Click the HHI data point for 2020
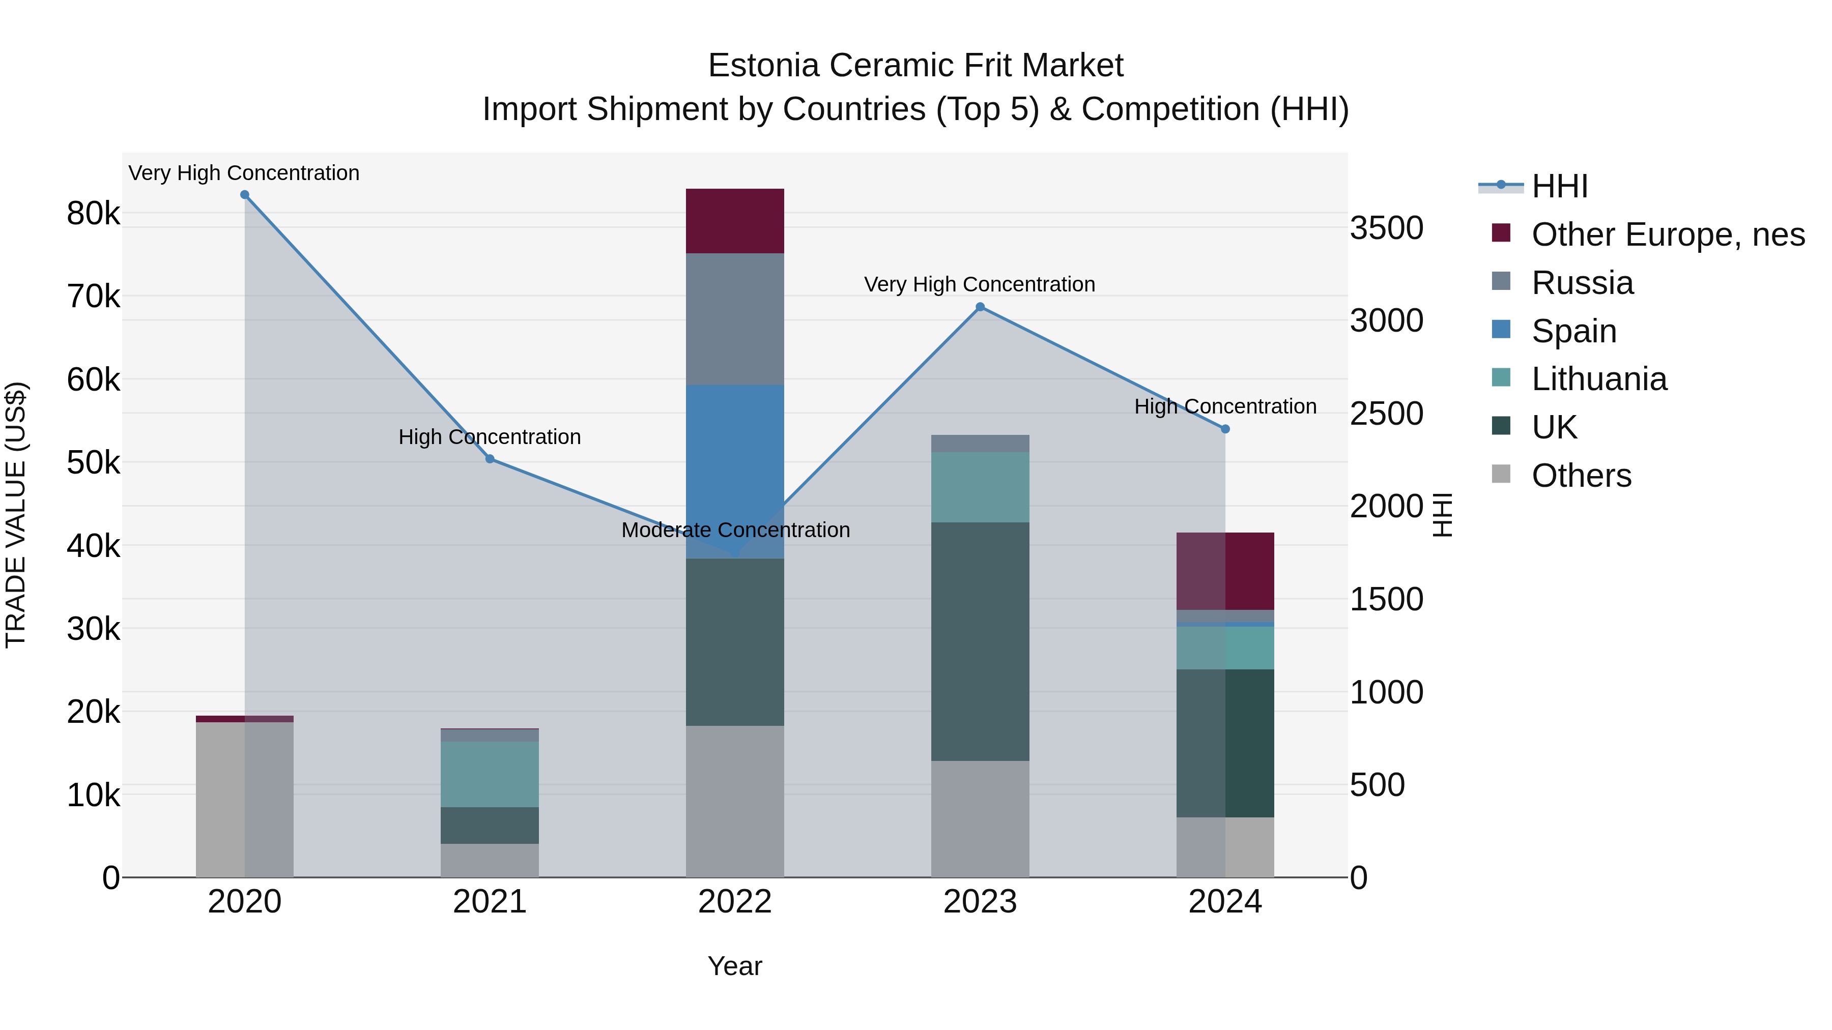[245, 195]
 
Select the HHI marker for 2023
[980, 307]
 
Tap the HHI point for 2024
[1225, 429]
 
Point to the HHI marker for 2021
[490, 459]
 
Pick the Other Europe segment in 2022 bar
[735, 221]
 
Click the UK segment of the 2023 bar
[980, 641]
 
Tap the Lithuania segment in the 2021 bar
[490, 774]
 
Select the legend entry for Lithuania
[1599, 379]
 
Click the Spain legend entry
[1574, 331]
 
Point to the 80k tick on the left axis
[93, 213]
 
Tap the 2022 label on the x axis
[735, 902]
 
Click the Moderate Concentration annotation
[735, 531]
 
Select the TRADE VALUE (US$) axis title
[16, 515]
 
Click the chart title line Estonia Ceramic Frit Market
[915, 66]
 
